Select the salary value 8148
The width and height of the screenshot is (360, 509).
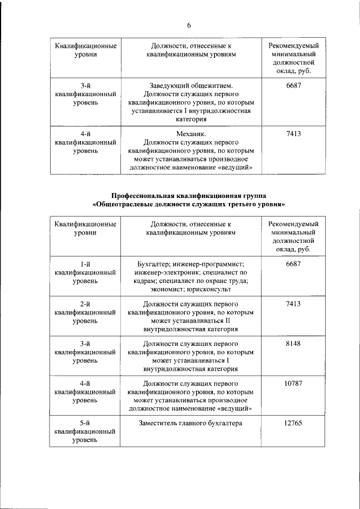coord(293,343)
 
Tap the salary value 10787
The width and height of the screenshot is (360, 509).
coord(293,383)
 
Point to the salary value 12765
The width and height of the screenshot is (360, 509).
coord(293,423)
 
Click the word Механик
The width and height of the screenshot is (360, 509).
coord(191,134)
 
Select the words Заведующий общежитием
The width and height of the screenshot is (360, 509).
coord(191,84)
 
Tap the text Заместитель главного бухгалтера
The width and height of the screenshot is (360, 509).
coord(191,423)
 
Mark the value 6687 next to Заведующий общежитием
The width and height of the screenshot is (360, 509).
coord(293,84)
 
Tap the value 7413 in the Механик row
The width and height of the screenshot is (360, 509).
coord(293,134)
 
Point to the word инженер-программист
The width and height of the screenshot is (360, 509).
coord(211,263)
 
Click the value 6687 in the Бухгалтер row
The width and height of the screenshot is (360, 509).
coord(293,263)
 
